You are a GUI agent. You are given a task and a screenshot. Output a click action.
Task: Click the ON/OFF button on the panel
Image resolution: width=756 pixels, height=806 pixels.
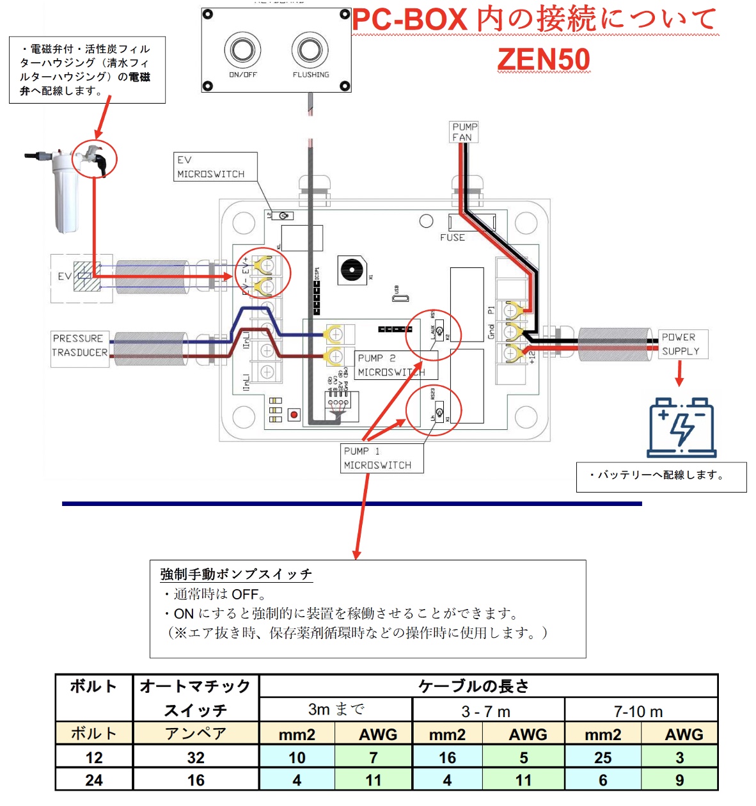pos(242,50)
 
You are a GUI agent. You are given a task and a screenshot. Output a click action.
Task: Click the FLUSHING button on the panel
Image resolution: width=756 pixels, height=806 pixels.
pos(310,50)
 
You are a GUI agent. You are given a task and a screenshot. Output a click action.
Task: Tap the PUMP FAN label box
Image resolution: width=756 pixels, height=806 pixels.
pos(464,132)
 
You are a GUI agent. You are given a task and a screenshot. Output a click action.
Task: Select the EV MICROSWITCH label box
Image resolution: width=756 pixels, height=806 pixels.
pos(216,167)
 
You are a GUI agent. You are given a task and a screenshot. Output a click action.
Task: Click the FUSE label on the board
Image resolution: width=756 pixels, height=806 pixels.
pos(452,237)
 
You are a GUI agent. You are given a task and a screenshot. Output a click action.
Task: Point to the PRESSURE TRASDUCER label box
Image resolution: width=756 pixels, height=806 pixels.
pos(80,345)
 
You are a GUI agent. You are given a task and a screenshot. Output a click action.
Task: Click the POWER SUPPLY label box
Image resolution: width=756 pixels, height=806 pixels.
pos(682,344)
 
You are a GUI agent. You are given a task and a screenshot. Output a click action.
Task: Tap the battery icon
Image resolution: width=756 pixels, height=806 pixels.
pos(681,427)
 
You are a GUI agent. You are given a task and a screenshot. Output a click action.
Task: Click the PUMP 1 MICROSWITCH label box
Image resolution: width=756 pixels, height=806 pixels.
pos(382,458)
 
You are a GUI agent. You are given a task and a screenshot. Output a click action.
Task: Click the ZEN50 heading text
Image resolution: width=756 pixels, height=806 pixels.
pos(544,59)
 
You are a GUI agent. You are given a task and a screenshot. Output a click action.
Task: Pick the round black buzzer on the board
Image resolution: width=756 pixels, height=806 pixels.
pos(350,270)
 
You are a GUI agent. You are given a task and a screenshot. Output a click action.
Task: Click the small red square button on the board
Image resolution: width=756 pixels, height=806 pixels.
pos(294,415)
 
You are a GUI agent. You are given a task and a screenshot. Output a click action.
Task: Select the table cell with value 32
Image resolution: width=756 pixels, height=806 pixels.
pos(196,757)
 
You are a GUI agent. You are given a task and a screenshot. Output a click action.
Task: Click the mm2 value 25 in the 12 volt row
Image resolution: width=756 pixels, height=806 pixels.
pos(602,757)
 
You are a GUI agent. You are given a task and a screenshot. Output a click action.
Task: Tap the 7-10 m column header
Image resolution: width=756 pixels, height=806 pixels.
pos(638,711)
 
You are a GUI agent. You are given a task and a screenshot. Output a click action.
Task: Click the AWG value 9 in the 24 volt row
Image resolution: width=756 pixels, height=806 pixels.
pos(679,780)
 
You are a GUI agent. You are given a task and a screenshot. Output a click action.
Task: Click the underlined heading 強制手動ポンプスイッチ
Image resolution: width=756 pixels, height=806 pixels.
pos(236,574)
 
